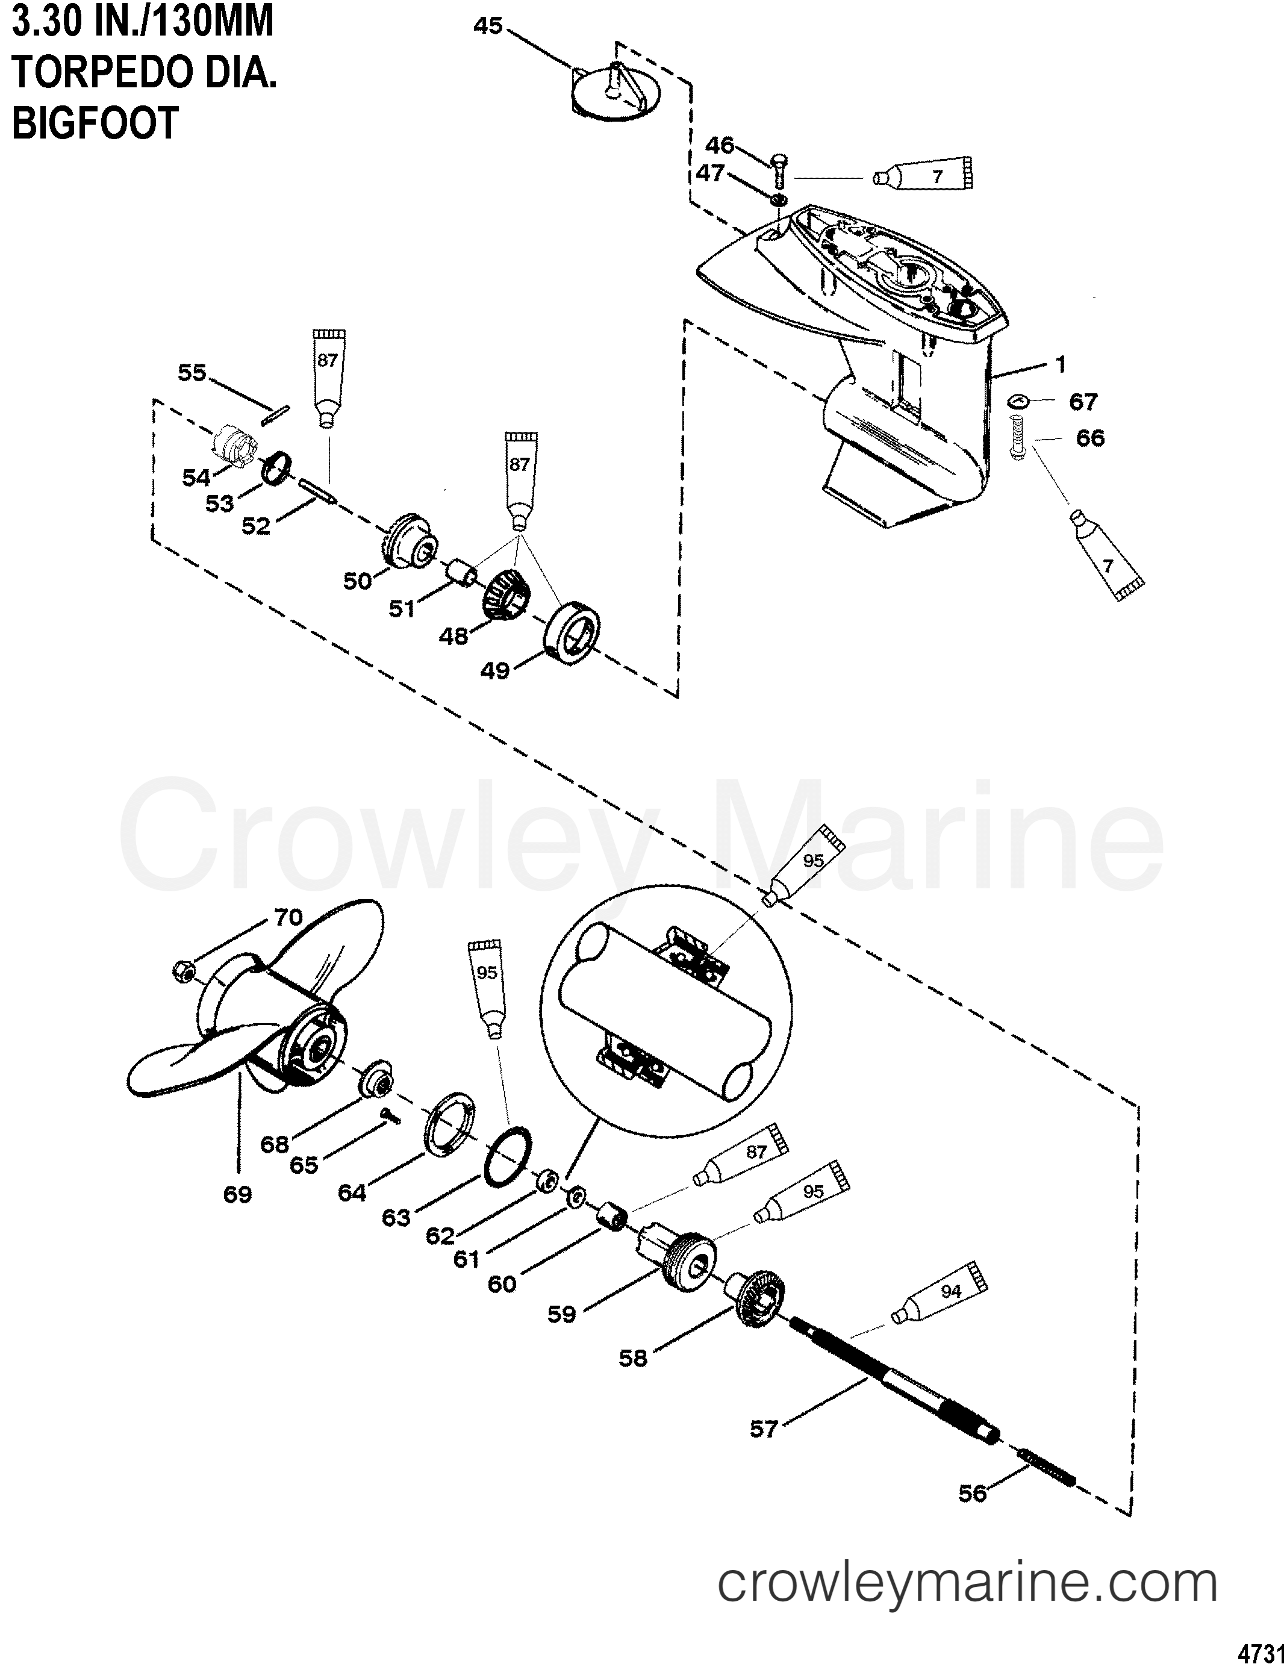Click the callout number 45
488,26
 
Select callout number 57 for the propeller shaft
763,1429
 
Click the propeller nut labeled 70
184,970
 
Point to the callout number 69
237,1193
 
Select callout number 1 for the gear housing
1062,364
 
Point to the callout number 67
1083,402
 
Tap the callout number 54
196,478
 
